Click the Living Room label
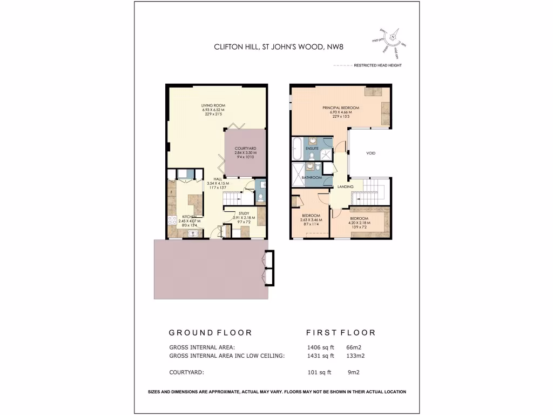[x=213, y=105]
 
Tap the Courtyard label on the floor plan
[x=245, y=149]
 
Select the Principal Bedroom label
[x=341, y=108]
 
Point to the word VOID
[x=370, y=153]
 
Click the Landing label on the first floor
[x=345, y=187]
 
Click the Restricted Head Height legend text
[x=377, y=65]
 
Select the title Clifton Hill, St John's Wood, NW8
[x=279, y=47]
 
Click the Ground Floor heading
[x=210, y=333]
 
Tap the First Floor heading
[x=340, y=333]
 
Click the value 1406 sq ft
[x=320, y=347]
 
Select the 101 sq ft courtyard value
[x=319, y=372]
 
